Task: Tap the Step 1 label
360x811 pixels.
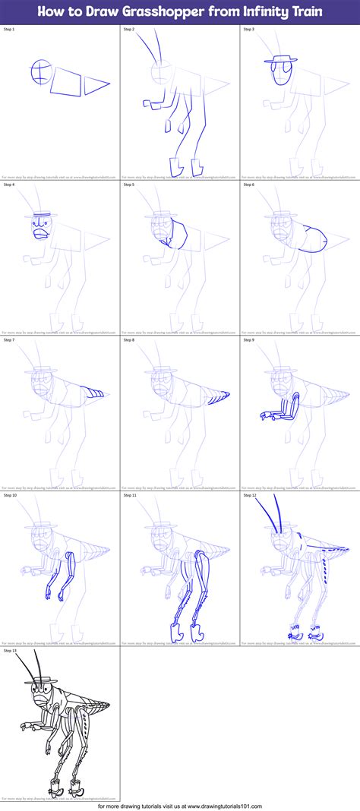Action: [x=9, y=29]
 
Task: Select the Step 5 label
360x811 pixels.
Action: [x=129, y=184]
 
